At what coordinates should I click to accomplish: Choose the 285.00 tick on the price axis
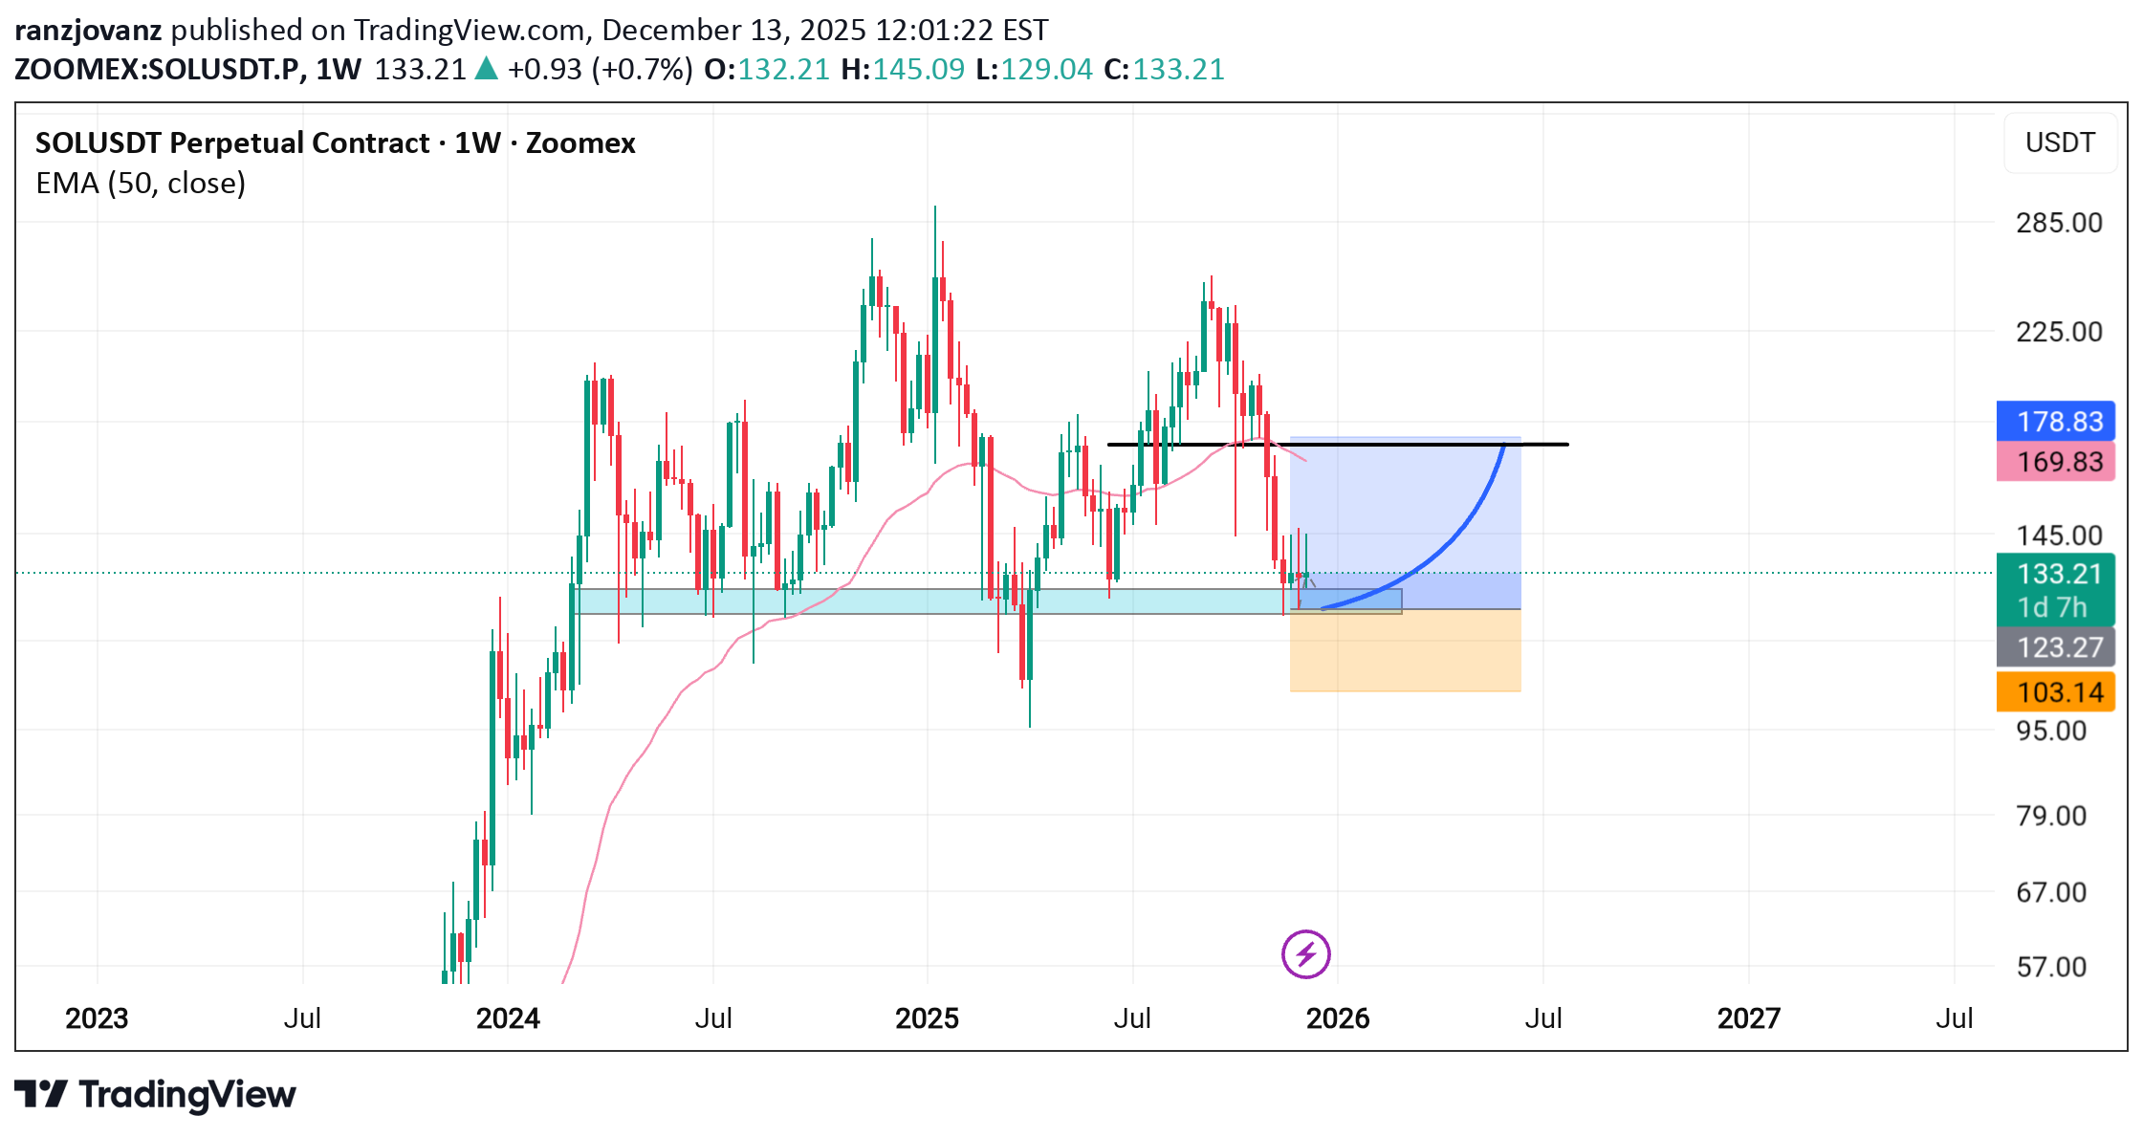2059,223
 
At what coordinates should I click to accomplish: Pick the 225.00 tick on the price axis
2059,332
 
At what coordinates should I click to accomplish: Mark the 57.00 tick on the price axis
2051,967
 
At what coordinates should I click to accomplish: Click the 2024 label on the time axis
508,1018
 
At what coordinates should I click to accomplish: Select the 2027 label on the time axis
1748,1018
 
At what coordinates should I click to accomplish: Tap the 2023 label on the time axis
97,1018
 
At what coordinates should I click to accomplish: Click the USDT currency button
2060,142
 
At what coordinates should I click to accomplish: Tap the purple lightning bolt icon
1305,953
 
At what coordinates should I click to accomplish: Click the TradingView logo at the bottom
155,1094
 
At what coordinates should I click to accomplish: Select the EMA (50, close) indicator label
141,183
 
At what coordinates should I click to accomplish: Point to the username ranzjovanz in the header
88,30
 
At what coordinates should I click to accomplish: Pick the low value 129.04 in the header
1045,69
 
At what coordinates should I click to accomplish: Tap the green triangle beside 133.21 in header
487,69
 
